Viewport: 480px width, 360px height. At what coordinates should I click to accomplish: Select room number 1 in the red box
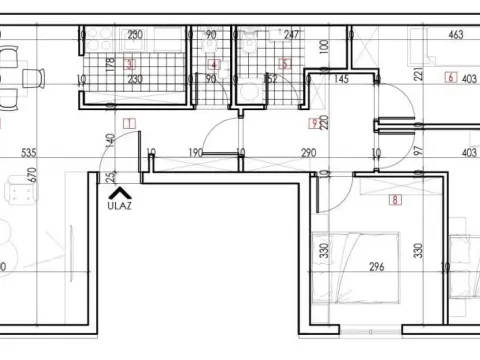pos(130,125)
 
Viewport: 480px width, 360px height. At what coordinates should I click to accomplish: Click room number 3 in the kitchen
pos(131,64)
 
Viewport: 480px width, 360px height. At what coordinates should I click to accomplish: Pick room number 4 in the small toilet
pos(213,65)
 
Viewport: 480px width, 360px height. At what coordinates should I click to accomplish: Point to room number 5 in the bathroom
pos(283,65)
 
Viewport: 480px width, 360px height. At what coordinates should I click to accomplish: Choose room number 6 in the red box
pos(452,77)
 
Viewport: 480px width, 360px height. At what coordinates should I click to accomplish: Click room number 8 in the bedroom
pos(396,201)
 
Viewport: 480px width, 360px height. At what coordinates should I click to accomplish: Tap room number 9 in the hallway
pos(316,124)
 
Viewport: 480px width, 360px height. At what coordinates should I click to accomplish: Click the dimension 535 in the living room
pos(28,153)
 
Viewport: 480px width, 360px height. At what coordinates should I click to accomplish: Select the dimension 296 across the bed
pos(377,267)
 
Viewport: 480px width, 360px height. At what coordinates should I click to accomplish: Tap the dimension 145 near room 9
pos(341,78)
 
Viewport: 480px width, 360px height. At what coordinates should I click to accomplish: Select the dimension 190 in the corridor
pos(196,153)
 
